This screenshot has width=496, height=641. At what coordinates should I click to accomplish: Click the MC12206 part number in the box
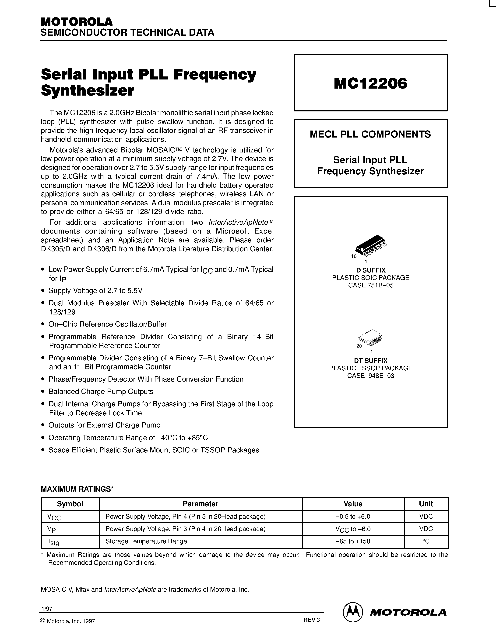[370, 84]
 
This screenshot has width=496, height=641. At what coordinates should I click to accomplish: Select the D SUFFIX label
[370, 270]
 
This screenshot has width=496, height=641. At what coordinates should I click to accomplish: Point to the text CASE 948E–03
[370, 376]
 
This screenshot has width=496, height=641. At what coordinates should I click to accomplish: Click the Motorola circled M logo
[352, 612]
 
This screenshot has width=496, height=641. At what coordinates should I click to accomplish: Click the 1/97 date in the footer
[47, 609]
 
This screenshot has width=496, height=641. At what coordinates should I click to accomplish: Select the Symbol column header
[70, 504]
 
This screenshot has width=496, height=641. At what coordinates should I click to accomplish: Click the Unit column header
[426, 504]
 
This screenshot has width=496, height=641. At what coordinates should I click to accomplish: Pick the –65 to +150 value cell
[353, 541]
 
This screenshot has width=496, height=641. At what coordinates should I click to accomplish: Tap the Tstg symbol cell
[53, 542]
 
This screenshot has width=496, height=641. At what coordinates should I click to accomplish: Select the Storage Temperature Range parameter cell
[146, 541]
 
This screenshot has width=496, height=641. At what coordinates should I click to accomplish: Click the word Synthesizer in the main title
[88, 91]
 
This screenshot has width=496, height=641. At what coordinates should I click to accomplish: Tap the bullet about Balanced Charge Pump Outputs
[101, 392]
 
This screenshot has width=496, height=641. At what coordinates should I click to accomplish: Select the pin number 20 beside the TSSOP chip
[359, 346]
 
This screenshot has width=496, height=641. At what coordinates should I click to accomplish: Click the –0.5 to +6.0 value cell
[353, 517]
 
